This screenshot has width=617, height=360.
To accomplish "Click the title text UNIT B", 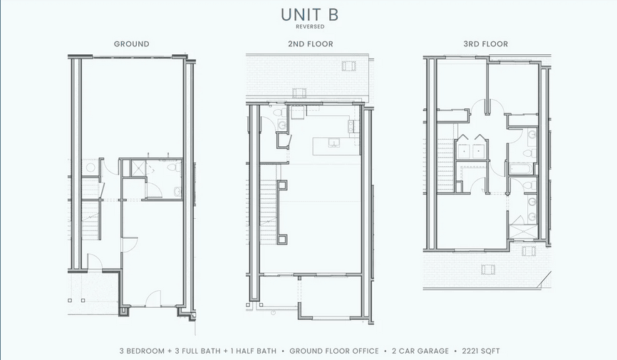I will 308,15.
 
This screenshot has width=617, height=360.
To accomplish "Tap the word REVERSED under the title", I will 308,27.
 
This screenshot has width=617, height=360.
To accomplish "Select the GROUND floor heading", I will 132,44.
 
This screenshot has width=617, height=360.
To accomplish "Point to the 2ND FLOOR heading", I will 306,44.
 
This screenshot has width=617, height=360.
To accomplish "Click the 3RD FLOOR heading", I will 485,44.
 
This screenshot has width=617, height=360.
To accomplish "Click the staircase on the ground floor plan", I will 91,214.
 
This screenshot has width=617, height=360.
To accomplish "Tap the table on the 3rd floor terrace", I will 488,269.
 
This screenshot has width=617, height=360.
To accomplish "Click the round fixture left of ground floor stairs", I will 90,168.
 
